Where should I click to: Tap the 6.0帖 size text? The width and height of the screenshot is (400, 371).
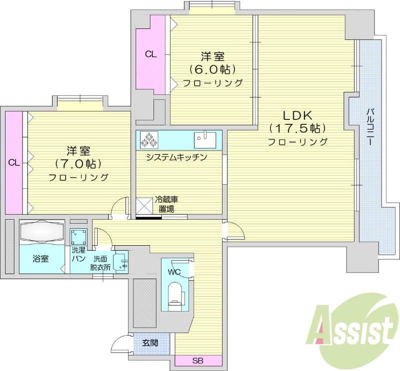point(212,69)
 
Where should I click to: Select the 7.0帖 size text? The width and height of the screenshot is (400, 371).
point(78,163)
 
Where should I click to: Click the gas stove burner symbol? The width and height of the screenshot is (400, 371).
point(149,139)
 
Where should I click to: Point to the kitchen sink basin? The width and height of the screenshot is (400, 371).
point(205,139)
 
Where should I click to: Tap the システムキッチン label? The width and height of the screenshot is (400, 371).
point(176,158)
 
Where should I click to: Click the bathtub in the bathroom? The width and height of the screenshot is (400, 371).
point(42,232)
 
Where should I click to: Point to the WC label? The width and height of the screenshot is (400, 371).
point(174,272)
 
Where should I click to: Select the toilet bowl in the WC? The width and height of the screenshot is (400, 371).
point(174,294)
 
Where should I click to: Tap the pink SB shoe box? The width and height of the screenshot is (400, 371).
point(198,361)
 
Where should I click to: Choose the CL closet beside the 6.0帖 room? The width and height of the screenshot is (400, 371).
point(151,54)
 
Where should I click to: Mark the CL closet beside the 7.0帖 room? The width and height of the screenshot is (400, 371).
point(14,162)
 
